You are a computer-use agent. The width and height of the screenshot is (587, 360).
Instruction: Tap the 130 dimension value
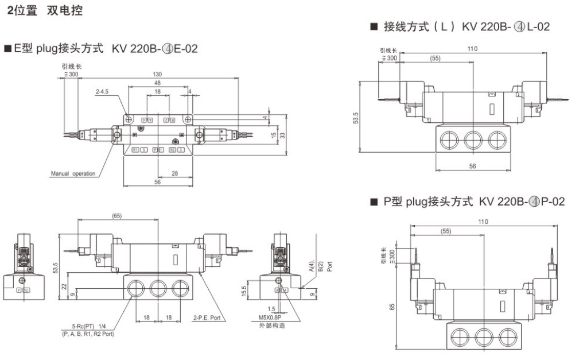pos(157,74)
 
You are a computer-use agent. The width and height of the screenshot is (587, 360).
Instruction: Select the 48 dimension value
pos(157,83)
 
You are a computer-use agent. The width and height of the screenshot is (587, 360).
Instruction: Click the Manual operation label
pos(73,173)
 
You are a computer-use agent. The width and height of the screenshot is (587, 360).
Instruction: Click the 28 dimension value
pos(174,172)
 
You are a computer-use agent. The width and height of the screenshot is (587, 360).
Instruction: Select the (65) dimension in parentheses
pos(116,216)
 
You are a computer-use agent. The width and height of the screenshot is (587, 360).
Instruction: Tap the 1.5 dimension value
pos(272,308)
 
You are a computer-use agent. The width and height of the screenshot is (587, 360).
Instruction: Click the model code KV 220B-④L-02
pos(507,26)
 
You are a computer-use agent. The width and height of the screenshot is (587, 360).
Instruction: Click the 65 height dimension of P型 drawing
pos(391,307)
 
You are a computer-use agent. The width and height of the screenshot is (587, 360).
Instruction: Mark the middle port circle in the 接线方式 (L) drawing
pos(473,140)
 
